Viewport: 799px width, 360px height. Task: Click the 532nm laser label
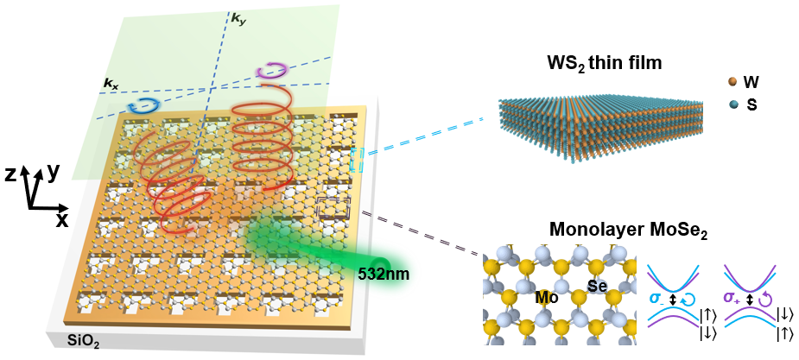(384, 275)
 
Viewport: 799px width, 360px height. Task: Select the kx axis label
(111, 84)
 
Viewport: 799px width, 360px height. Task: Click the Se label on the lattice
(599, 285)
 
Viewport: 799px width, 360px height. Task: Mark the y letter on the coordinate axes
(54, 172)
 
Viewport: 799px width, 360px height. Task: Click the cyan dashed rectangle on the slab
(358, 158)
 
